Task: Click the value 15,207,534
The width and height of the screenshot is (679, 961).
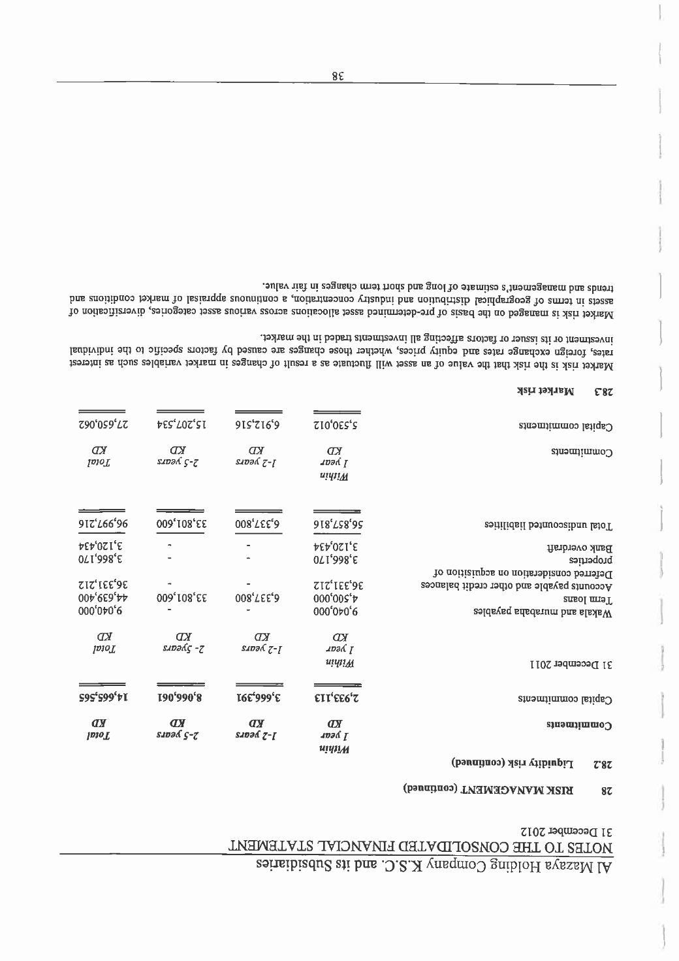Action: tap(180, 425)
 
